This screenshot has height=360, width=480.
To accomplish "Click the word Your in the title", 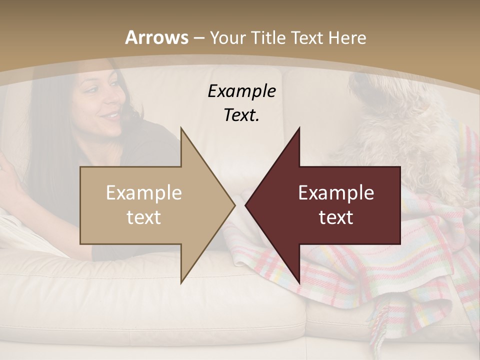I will click(x=228, y=38).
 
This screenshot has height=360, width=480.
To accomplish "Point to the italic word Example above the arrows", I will click(x=241, y=91).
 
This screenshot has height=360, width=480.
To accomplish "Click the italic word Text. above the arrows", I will click(x=241, y=115).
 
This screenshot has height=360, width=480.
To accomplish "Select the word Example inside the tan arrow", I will click(x=144, y=193).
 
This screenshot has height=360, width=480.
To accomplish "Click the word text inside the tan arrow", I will click(x=144, y=217).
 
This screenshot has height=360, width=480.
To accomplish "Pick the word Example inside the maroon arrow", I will click(x=336, y=193).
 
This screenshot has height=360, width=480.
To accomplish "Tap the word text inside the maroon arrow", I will click(x=336, y=217).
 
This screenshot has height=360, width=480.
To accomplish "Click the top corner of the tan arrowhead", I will click(x=181, y=127).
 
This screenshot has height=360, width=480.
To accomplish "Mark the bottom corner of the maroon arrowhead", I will click(x=299, y=283).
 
